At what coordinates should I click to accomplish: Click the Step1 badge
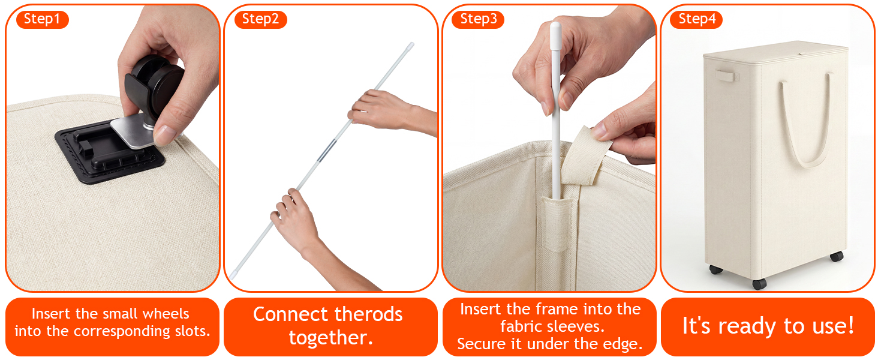(x=43, y=19)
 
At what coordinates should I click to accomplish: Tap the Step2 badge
(x=261, y=19)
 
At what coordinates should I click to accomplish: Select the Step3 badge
(x=478, y=19)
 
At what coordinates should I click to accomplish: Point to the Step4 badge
(x=696, y=19)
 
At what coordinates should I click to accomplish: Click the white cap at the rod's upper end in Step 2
(x=410, y=46)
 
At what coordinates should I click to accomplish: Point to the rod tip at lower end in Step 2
(x=233, y=275)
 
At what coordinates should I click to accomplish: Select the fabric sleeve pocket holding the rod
(x=555, y=224)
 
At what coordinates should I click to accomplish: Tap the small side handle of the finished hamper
(x=726, y=75)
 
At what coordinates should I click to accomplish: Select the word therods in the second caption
(x=368, y=314)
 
